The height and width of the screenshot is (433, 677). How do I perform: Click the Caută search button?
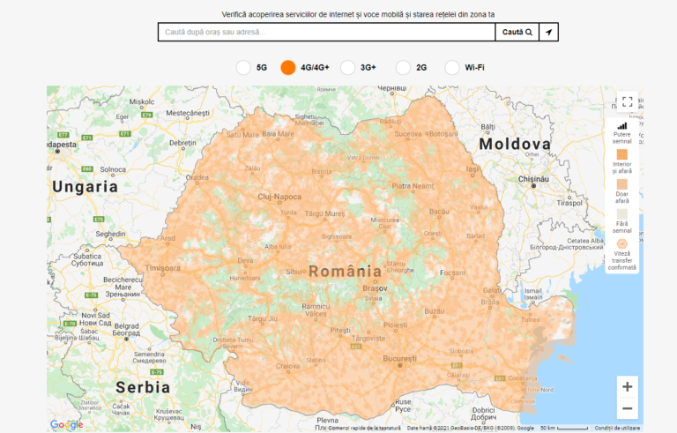[x=517, y=33]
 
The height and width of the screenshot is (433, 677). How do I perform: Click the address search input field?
[x=326, y=33]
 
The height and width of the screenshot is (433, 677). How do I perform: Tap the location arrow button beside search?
[x=548, y=33]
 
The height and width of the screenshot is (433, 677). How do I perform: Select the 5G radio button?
[x=244, y=67]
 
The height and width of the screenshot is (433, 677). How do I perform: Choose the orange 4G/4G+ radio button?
[x=288, y=67]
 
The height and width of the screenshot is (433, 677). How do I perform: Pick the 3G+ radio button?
[x=348, y=67]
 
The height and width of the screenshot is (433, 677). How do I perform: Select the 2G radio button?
[x=404, y=67]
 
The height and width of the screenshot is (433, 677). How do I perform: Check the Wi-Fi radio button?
[x=452, y=67]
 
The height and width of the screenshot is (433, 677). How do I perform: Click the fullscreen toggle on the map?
[x=627, y=102]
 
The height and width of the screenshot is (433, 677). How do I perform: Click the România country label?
[x=345, y=272]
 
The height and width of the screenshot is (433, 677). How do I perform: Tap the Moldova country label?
[x=515, y=144]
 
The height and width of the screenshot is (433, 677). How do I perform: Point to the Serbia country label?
[x=142, y=387]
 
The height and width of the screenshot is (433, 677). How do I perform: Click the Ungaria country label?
[x=85, y=187]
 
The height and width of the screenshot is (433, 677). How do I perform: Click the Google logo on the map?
[x=67, y=425]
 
